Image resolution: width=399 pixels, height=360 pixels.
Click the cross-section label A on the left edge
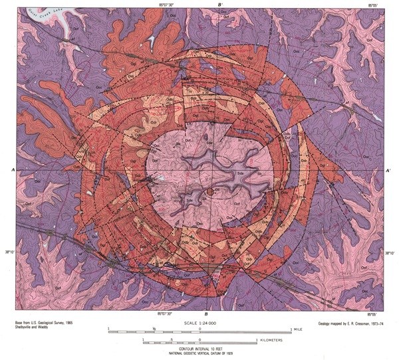point(13,170)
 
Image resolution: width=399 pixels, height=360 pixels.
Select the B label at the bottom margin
point(206,314)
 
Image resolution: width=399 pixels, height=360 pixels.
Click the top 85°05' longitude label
point(377,5)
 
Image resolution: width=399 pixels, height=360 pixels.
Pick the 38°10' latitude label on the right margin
point(390,252)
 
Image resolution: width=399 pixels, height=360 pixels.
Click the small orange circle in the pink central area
point(209,192)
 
